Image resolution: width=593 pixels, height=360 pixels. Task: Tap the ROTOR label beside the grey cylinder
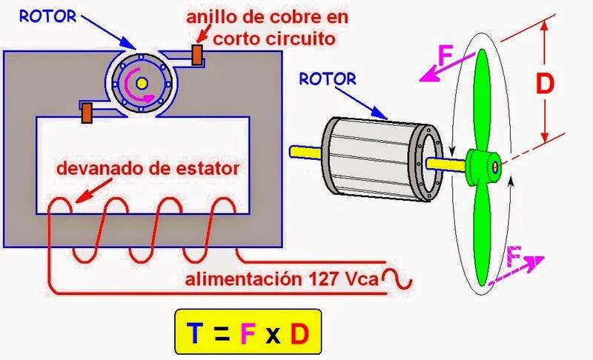[x=328, y=77]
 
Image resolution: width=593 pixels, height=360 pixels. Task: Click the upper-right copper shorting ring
[x=199, y=54]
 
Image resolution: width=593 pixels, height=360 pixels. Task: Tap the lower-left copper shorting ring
[x=87, y=113]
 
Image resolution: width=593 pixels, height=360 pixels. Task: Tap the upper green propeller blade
[x=482, y=96]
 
